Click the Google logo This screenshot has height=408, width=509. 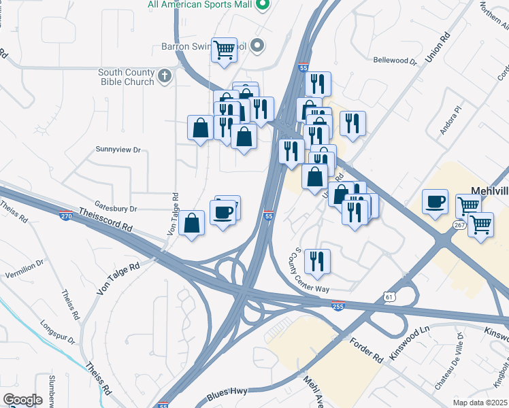[x=23, y=400]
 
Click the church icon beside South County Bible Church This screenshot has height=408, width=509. [x=165, y=76]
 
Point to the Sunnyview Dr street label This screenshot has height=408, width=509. [x=118, y=149]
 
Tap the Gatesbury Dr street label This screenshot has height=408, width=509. [x=116, y=209]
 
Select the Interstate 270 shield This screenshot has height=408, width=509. [x=65, y=216]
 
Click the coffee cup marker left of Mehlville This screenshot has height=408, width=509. [x=435, y=201]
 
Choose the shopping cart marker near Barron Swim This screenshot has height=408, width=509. [x=224, y=50]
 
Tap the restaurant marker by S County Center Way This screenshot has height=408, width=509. [x=317, y=260]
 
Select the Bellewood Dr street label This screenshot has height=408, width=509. [x=395, y=61]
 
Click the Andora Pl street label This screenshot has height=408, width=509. [x=450, y=119]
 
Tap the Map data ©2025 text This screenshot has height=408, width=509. [x=480, y=403]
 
